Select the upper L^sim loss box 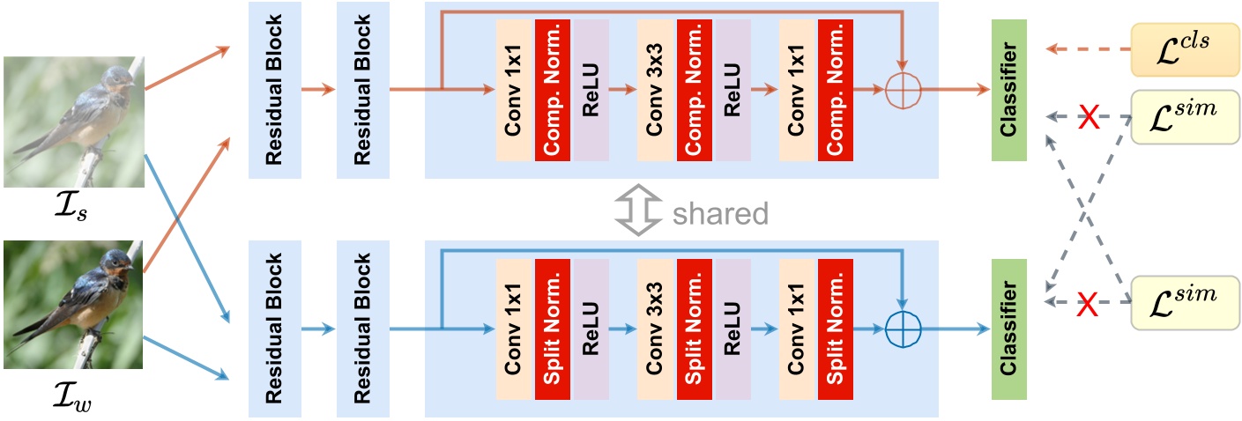[x=1180, y=115]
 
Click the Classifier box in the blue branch [x=1014, y=329]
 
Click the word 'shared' [x=721, y=212]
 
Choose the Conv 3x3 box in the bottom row [x=656, y=329]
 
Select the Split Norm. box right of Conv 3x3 [x=695, y=329]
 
